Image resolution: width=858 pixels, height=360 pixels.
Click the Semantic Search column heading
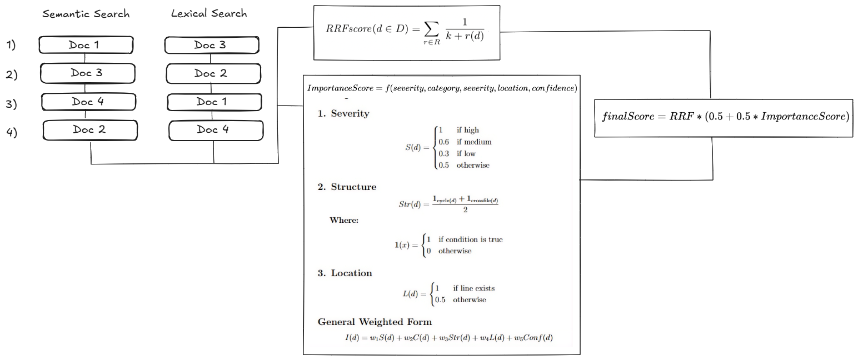86,14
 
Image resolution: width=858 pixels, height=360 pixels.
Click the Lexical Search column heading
208,14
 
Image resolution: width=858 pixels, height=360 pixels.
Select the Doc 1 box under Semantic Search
86,45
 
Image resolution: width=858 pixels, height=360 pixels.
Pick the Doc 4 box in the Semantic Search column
88,102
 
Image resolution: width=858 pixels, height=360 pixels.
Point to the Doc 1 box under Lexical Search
213,102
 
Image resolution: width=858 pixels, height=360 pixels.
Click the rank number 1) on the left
11,46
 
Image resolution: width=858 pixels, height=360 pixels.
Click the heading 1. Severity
343,113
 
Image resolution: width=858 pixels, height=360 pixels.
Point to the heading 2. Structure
347,187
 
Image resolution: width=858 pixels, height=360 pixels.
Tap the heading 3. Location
345,273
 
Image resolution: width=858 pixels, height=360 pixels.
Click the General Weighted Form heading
375,322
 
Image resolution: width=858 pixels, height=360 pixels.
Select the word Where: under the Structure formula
344,220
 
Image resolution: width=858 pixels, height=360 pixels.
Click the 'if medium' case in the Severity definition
474,142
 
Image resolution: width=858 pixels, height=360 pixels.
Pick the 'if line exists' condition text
473,288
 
